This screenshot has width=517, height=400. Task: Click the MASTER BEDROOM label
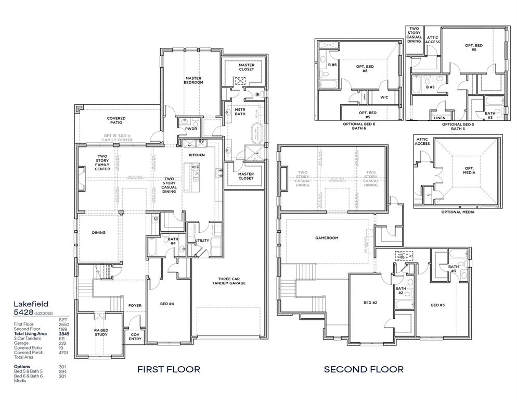(193, 80)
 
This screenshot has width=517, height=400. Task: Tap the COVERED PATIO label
(116, 121)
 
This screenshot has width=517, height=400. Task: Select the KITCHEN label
(197, 155)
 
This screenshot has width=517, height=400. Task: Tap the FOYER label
(135, 306)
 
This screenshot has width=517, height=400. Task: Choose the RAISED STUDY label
(101, 332)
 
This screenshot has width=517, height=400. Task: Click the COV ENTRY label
(135, 336)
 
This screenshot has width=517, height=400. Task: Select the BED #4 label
(167, 304)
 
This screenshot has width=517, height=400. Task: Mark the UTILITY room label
(202, 240)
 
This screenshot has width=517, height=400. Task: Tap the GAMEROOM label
(327, 238)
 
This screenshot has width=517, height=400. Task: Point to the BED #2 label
(370, 303)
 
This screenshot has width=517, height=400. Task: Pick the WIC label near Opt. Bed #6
(384, 97)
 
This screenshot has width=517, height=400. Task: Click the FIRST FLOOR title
(169, 369)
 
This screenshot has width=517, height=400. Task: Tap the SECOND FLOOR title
(364, 369)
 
